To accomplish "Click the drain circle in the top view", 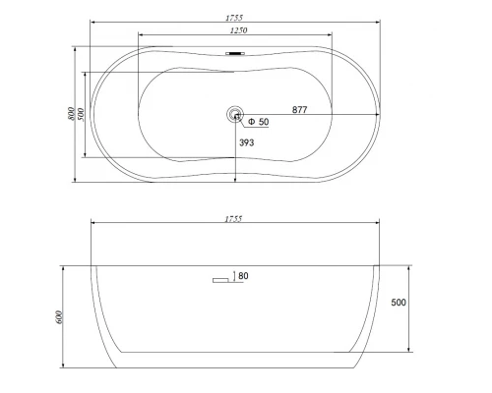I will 235,114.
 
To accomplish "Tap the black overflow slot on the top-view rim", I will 235,53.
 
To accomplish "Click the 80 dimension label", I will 243,276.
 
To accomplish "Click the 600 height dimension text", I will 60,316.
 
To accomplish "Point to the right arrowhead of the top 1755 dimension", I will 380,21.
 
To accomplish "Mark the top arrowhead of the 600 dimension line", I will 65,267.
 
